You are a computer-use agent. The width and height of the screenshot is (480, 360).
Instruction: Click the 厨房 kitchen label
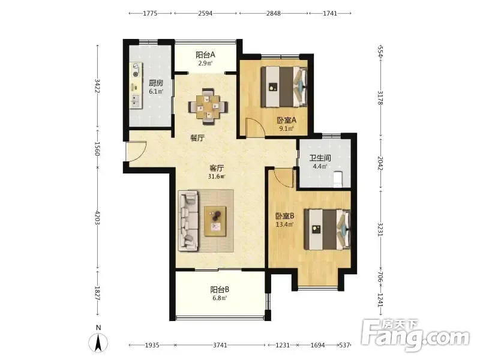point(156,83)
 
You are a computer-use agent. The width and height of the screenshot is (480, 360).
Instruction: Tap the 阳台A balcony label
point(205,55)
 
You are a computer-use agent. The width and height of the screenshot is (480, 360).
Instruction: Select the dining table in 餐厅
point(208,107)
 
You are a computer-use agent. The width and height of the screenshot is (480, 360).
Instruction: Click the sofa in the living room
point(188,220)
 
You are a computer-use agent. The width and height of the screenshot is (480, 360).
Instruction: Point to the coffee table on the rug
point(215,221)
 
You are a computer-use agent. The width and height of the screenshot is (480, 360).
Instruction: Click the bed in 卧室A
point(284,87)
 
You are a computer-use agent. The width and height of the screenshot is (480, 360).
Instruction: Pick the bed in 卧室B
point(328,229)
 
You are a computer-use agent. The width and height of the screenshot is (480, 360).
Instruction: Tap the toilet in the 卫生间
point(337,179)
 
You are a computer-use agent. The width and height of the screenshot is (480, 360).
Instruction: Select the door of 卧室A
point(256,128)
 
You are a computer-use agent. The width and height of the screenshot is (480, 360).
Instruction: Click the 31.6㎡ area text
point(217,176)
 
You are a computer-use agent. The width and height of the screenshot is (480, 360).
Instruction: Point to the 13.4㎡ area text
point(284,224)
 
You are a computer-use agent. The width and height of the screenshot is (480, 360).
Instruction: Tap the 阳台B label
point(220,289)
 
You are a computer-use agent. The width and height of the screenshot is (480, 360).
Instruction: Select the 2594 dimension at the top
point(205,13)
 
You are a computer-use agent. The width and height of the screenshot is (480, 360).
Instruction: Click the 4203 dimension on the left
point(97,218)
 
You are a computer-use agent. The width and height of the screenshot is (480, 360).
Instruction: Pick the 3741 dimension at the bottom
point(220,345)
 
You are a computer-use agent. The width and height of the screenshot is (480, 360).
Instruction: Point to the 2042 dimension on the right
point(380,163)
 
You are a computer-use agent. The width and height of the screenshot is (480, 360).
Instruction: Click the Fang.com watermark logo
point(415,337)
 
